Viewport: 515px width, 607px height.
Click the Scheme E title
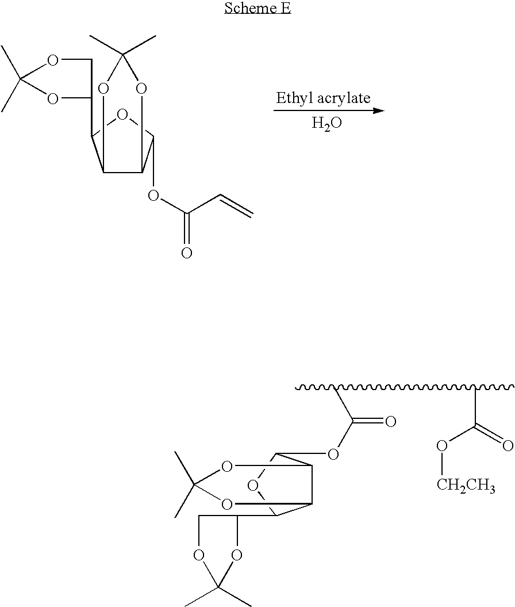pyautogui.click(x=257, y=8)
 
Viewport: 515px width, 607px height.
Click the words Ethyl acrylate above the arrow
pyautogui.click(x=323, y=98)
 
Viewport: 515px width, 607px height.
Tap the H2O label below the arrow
pyautogui.click(x=326, y=124)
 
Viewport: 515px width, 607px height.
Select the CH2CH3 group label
pyautogui.click(x=466, y=485)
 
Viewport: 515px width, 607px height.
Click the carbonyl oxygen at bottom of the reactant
pyautogui.click(x=187, y=253)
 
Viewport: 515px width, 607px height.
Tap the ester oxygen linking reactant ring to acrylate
pyautogui.click(x=153, y=196)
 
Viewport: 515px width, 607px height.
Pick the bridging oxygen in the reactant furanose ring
pyautogui.click(x=122, y=115)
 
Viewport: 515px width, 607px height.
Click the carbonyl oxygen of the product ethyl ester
pyautogui.click(x=508, y=445)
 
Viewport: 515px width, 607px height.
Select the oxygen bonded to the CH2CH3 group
pyautogui.click(x=442, y=445)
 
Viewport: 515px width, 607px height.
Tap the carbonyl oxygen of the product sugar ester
pyautogui.click(x=390, y=422)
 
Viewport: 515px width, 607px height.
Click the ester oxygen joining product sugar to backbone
pyautogui.click(x=333, y=454)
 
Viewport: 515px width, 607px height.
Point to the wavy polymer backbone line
pyautogui.click(x=405, y=387)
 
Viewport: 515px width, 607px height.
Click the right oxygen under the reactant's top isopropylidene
pyautogui.click(x=141, y=89)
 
